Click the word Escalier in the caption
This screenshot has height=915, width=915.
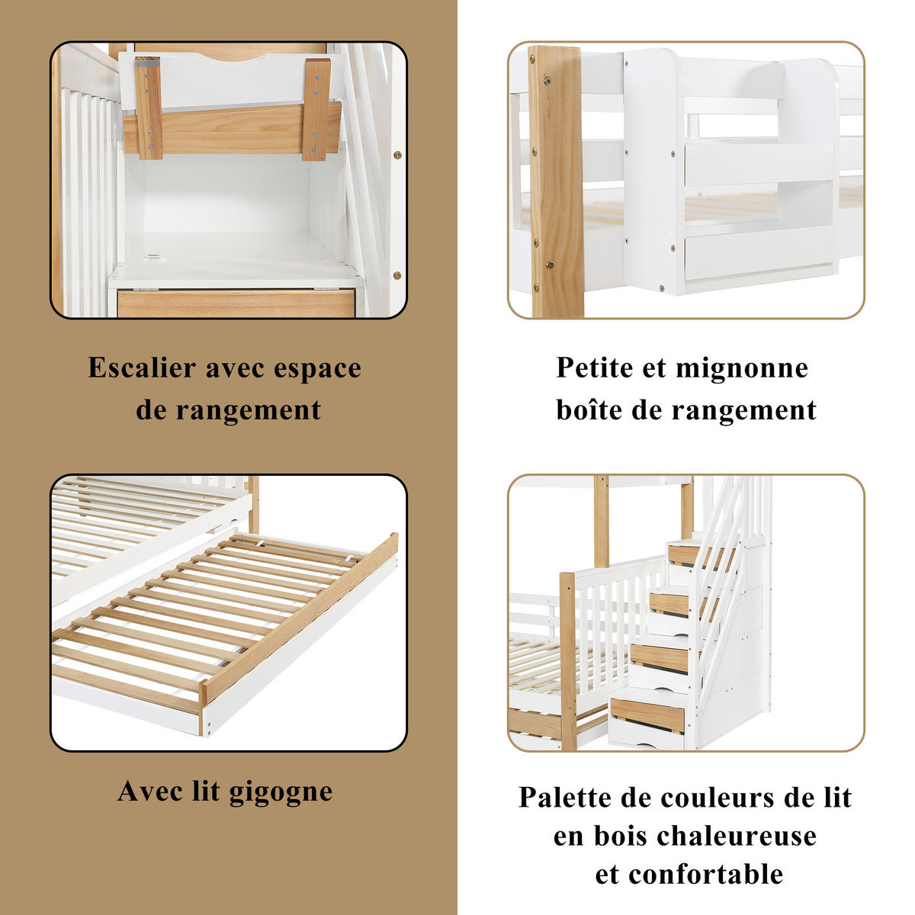tap(142, 368)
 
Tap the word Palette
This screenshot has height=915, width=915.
tap(565, 798)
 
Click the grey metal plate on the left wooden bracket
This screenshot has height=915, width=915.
tap(147, 63)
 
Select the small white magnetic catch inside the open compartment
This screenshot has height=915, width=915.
tap(156, 258)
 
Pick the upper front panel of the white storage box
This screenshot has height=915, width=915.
tap(758, 163)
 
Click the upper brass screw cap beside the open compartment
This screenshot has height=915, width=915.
tap(396, 155)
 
